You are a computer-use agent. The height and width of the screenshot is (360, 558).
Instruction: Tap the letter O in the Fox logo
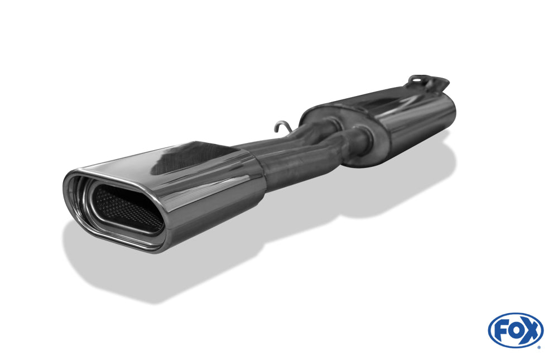click(516, 331)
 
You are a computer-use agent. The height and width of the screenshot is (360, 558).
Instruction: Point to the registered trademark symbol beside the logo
click(538, 347)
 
